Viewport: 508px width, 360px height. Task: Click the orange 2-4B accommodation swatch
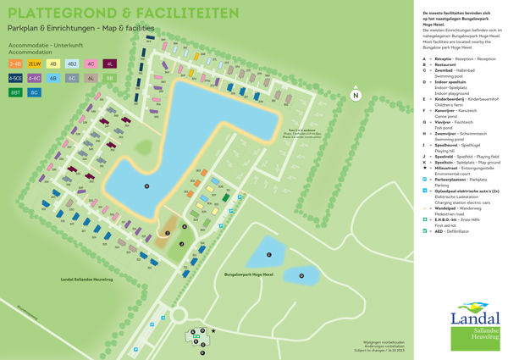tap(15, 64)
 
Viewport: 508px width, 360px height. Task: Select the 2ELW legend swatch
tap(35, 64)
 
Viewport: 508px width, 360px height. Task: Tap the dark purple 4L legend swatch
tap(109, 64)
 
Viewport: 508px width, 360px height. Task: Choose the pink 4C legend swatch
tap(91, 64)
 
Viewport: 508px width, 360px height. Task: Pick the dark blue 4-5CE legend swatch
tap(15, 78)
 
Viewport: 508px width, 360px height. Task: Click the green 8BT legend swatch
tap(15, 92)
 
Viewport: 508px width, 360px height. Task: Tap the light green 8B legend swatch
tap(109, 78)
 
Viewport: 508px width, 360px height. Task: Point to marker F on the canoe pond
tap(269, 253)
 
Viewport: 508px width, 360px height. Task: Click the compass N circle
tap(356, 96)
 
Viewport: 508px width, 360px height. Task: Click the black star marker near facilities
tap(213, 330)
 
